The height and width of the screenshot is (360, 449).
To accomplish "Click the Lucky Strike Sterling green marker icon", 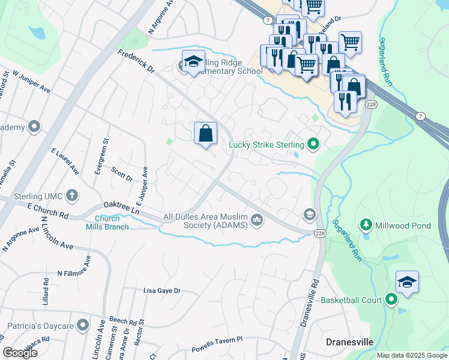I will click(312, 144).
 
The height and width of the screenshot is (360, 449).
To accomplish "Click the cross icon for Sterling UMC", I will click(72, 194).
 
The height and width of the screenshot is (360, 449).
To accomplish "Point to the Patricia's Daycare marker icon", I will click(83, 326).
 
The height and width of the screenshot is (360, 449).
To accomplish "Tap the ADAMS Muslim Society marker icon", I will click(257, 221).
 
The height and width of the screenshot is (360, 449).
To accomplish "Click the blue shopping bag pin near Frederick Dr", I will click(206, 133).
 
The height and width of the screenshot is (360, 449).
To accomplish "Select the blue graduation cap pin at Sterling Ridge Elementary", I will click(193, 62).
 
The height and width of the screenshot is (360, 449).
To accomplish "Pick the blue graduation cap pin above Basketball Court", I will click(407, 283).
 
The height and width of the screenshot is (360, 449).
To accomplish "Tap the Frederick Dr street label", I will click(136, 62).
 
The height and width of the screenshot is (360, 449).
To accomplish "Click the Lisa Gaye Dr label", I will click(161, 290).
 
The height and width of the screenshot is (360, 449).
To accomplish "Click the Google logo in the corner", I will click(20, 353).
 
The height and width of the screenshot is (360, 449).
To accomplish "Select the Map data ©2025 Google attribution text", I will click(411, 355).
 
